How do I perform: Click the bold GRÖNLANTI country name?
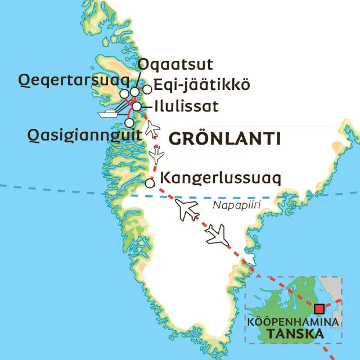(225, 138)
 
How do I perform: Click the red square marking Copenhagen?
(319, 308)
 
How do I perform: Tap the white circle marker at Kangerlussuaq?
(150, 183)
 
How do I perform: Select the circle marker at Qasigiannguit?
(129, 122)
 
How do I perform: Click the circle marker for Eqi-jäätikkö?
(147, 89)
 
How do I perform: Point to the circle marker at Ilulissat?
(137, 106)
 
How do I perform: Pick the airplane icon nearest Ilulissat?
(152, 129)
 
